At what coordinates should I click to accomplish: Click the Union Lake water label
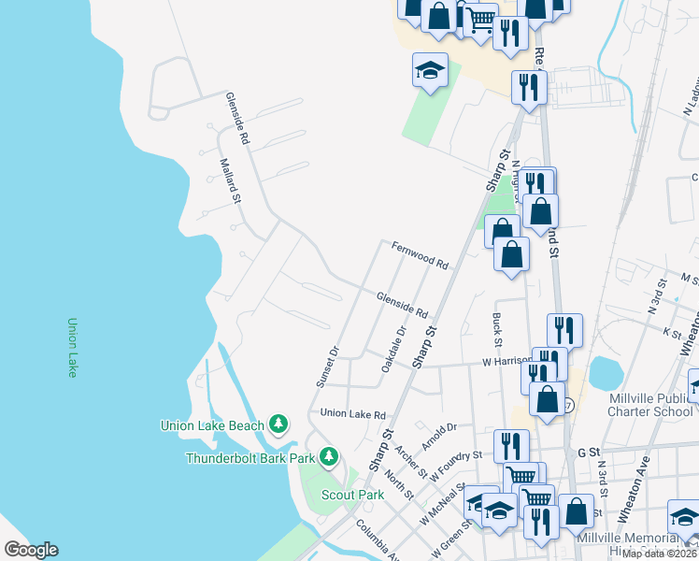(x=72, y=348)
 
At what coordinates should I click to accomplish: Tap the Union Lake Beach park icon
(x=278, y=424)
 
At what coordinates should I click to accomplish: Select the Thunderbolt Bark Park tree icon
(x=328, y=457)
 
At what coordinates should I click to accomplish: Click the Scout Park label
(x=353, y=495)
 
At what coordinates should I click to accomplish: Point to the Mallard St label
(x=231, y=180)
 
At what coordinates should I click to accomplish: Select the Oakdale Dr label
(x=395, y=348)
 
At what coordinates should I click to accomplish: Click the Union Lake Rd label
(x=352, y=414)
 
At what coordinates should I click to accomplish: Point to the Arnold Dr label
(x=438, y=429)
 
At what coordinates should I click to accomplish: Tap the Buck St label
(x=497, y=325)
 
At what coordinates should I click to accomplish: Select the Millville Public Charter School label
(x=650, y=405)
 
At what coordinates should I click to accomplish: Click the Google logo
(x=31, y=549)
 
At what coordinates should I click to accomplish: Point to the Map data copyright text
(x=660, y=554)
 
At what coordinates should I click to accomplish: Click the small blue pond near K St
(x=606, y=374)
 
